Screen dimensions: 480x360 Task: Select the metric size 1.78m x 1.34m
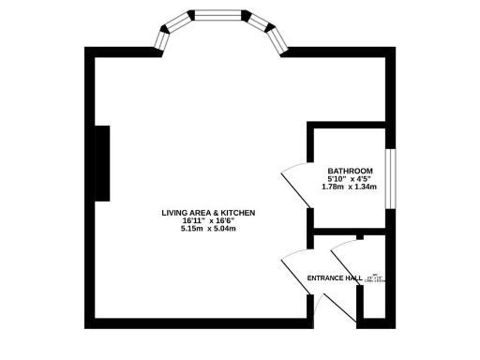(349, 187)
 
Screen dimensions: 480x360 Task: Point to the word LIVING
(176, 213)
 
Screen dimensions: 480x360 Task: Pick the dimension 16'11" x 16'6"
(207, 221)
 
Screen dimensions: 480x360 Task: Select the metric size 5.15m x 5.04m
(207, 230)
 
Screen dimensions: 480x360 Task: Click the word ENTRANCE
(325, 278)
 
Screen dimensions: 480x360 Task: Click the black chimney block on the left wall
(102, 164)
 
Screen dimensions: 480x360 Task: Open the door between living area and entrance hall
(294, 268)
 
